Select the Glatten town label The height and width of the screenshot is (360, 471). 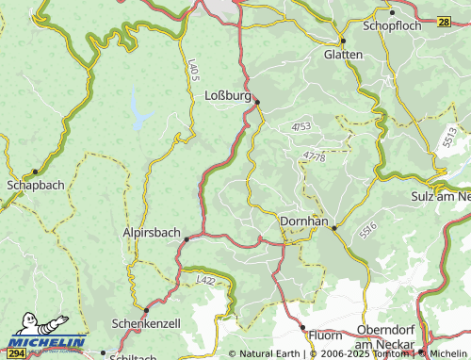343,55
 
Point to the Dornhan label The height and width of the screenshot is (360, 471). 304,221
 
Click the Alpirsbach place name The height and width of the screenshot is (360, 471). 152,232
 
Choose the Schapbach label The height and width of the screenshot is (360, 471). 36,185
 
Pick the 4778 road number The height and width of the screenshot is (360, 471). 315,156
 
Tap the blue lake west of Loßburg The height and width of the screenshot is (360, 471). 140,110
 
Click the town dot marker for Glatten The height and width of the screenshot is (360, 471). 343,41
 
